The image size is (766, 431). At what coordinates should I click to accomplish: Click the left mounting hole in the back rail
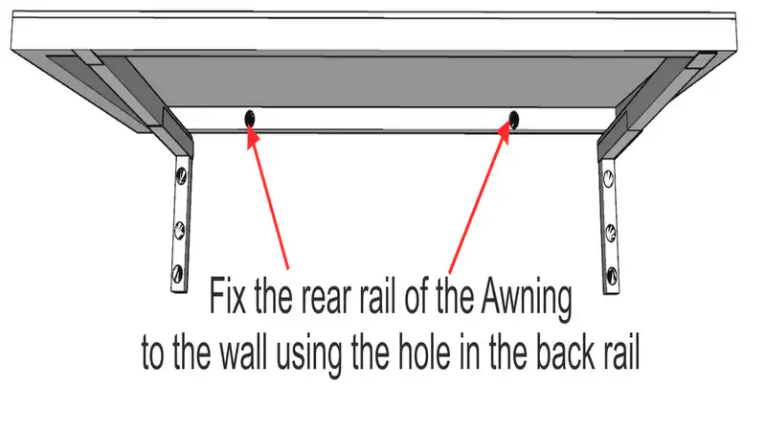250,118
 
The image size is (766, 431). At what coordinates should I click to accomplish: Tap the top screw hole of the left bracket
179,175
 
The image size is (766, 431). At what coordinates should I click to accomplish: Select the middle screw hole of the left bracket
178,227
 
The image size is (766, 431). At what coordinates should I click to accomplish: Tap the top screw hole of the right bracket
608,175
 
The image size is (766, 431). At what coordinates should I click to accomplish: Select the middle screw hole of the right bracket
610,229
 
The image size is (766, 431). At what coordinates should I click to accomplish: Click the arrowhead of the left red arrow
251,134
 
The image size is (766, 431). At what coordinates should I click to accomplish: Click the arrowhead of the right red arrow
508,135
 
